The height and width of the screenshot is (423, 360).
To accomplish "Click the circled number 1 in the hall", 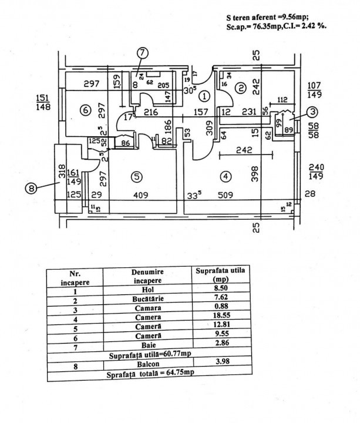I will [x=203, y=95].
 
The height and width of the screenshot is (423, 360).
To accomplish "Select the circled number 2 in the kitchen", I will [x=240, y=88].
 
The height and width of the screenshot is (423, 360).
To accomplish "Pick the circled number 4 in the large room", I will [x=225, y=176].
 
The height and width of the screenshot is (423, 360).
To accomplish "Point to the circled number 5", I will [x=136, y=176].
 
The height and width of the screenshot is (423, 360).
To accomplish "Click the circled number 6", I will [x=85, y=110].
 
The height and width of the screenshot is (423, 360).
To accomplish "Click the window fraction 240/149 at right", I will [x=317, y=170].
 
